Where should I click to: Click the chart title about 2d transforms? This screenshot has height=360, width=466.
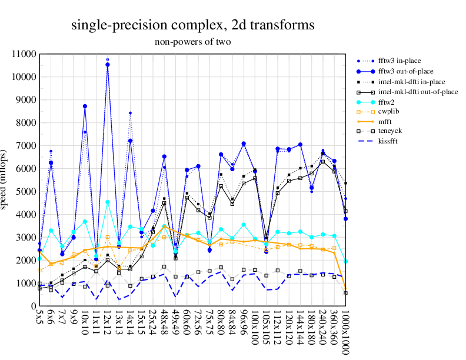[192, 25]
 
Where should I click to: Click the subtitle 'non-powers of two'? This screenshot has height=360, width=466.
[192, 42]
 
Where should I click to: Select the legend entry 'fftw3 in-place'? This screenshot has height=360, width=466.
[403, 61]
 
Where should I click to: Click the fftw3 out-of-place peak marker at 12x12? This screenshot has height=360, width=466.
[108, 65]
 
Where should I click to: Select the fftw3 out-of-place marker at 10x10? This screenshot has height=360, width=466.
[85, 106]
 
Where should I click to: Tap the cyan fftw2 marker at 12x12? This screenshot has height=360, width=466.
[108, 202]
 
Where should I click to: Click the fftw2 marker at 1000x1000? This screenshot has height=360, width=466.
[345, 261]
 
